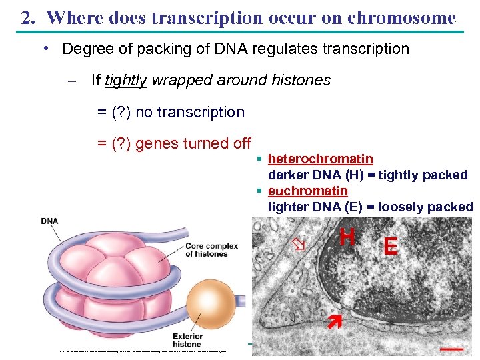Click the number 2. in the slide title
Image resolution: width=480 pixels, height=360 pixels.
click(28, 18)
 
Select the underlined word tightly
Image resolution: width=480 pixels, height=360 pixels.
click(126, 81)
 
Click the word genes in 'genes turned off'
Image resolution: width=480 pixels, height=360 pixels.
click(155, 143)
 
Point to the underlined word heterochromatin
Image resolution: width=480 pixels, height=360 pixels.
click(320, 159)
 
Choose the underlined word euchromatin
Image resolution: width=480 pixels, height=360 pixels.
click(307, 191)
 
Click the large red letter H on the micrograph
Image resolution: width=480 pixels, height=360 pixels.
click(347, 237)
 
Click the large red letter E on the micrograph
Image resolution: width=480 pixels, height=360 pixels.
click(391, 247)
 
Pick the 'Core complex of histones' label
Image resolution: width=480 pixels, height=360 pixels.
click(211, 249)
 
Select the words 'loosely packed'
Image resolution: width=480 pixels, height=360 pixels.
click(425, 207)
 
